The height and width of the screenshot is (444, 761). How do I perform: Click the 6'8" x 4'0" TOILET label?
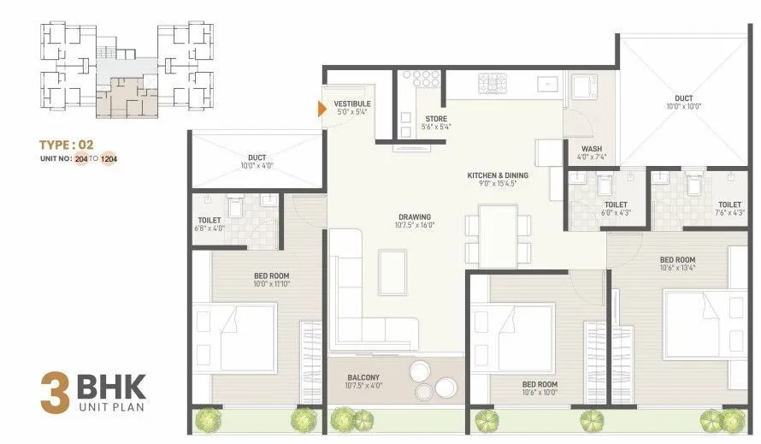tap(210, 224)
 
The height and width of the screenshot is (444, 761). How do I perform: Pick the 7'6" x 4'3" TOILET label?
tap(729, 208)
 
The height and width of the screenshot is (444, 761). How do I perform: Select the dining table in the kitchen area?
tap(498, 235)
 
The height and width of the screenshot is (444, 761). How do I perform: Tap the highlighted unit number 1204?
tap(109, 159)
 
